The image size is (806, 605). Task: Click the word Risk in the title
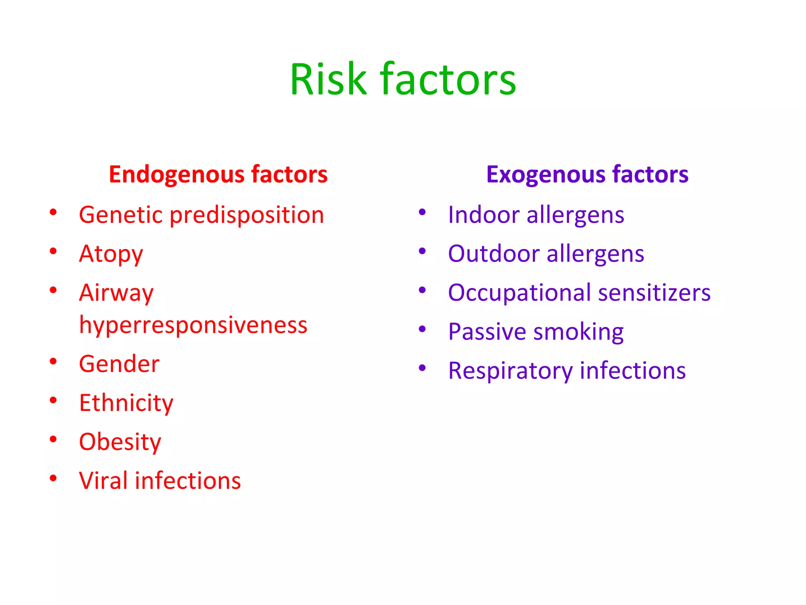[x=328, y=80]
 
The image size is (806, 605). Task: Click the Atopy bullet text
[x=111, y=254]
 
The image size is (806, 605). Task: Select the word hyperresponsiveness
[x=193, y=325]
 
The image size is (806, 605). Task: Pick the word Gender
[x=119, y=364]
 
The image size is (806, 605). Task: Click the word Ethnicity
[x=126, y=403]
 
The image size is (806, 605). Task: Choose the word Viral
[x=103, y=481]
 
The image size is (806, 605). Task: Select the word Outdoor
[x=494, y=254]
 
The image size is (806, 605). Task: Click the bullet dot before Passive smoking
[x=422, y=329]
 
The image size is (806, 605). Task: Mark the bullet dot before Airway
[x=53, y=290]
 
